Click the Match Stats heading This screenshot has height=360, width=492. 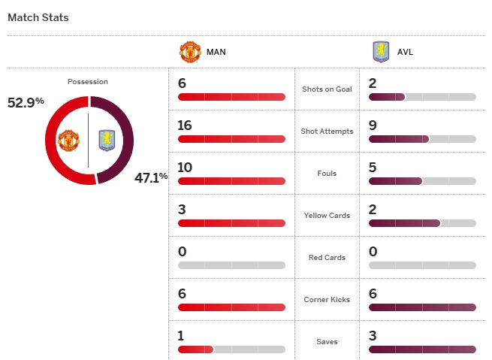point(38,17)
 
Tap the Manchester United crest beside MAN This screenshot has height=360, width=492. point(190,52)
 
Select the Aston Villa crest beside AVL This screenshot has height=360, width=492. point(381,52)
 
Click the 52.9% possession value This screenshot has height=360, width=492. point(26,102)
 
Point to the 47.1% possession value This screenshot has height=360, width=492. point(151,177)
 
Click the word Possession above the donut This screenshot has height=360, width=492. point(88,82)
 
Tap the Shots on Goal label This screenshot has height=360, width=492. point(327,89)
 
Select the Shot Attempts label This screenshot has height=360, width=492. point(327,132)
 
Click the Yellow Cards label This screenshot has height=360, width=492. point(327,216)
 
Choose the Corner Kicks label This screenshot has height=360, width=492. point(327,300)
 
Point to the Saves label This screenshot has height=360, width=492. point(327,342)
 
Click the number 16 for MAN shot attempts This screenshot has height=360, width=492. point(185,126)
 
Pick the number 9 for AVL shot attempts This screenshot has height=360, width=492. point(373,126)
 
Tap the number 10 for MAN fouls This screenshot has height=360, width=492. point(185,168)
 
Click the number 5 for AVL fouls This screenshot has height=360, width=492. point(373,168)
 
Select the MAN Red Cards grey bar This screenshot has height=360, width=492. point(231,265)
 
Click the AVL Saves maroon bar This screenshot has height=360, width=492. point(422,349)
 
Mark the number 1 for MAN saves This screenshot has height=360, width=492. point(182,336)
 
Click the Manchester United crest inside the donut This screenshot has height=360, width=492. point(68,141)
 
